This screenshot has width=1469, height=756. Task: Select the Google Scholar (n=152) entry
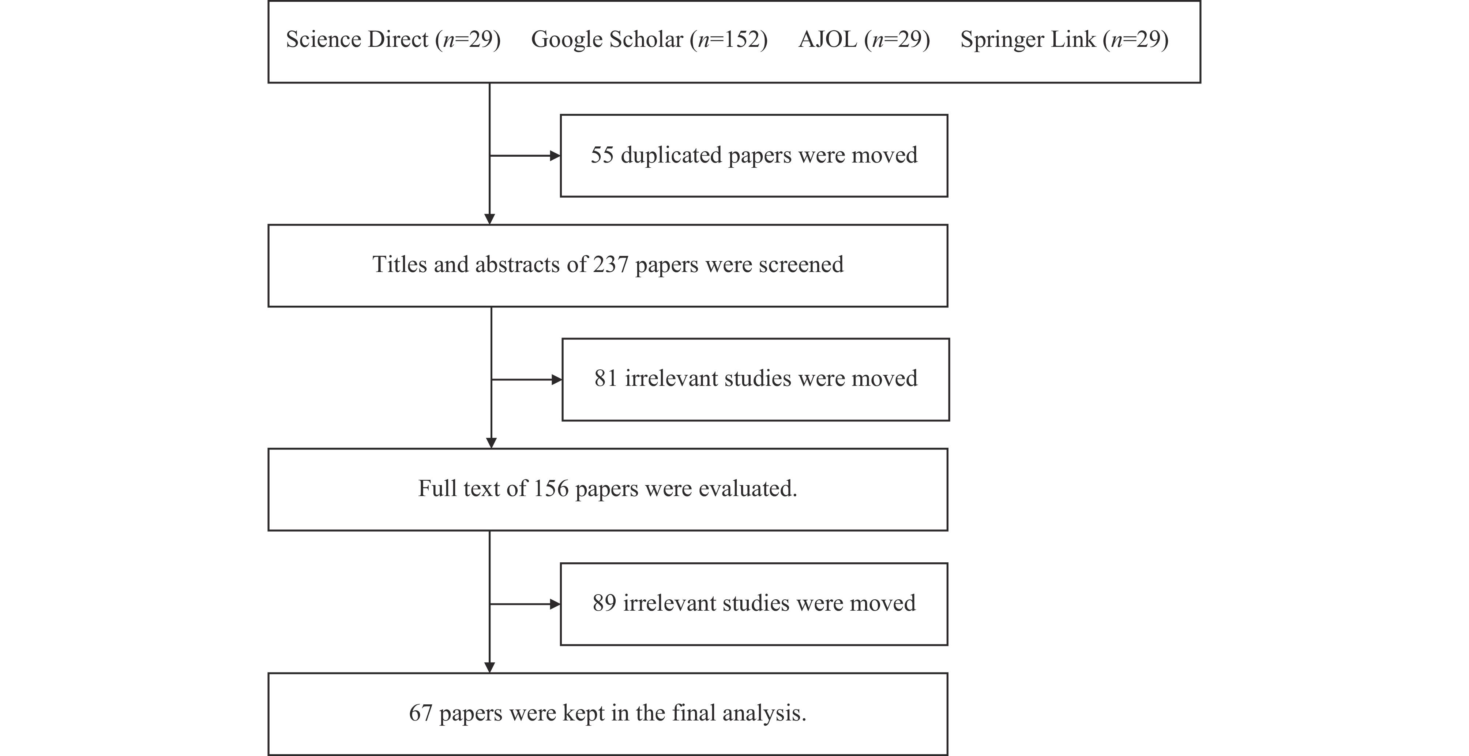pos(650,40)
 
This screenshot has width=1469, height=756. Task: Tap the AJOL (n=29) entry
pos(864,40)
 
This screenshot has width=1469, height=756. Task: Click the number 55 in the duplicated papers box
pos(602,155)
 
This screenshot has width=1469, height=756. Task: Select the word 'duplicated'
pos(671,155)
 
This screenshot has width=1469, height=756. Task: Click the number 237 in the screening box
pos(611,265)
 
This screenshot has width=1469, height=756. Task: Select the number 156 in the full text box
pos(551,489)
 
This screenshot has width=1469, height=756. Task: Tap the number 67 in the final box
pos(421,713)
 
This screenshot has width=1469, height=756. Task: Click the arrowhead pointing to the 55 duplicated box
pos(555,156)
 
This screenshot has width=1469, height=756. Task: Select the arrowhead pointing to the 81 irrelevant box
pos(557,379)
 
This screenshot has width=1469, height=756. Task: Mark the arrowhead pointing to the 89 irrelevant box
pos(555,604)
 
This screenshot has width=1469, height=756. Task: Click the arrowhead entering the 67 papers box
pos(489,667)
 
